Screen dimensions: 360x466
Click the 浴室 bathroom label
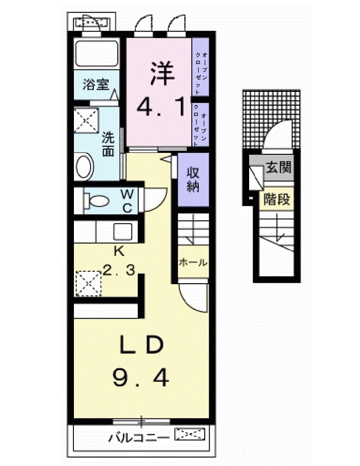pos(96,85)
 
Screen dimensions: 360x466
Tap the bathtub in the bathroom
pos(96,53)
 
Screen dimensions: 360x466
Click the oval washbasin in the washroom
pos(85,166)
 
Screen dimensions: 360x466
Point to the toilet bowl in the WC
pos(96,201)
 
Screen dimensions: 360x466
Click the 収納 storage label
pos(193,179)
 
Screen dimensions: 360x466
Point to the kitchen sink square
pos(123,232)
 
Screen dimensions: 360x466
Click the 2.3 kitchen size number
pos(119,270)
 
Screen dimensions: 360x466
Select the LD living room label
pos(142,344)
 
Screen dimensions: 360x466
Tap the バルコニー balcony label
pos(139,438)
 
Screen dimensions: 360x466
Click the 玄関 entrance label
pos(278,167)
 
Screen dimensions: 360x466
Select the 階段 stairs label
pos(277,199)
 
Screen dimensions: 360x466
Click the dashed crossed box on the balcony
pos(190,434)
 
